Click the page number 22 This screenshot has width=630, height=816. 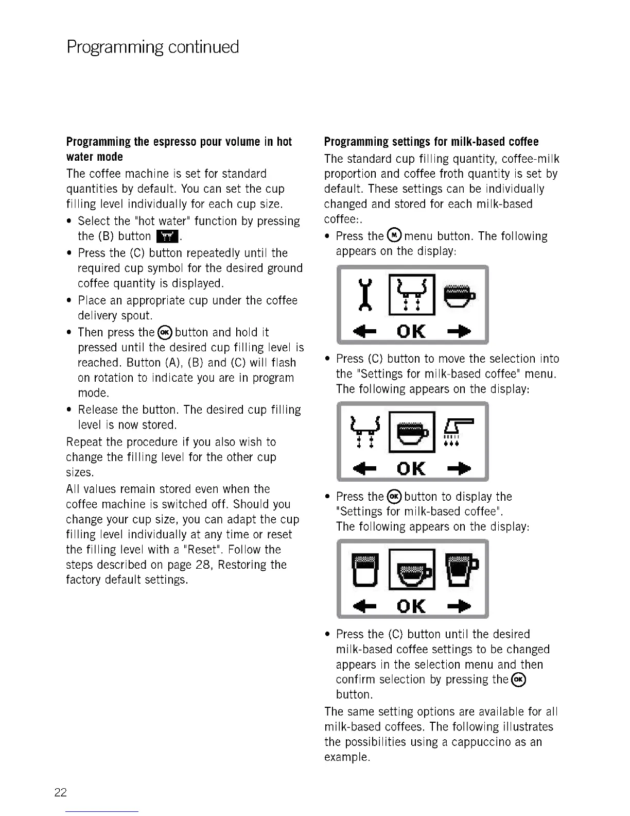(60, 792)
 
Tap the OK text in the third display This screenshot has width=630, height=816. (412, 606)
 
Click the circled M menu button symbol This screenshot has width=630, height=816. (394, 236)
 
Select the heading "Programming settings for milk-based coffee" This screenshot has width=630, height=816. (431, 142)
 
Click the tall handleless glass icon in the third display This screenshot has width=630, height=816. (362, 569)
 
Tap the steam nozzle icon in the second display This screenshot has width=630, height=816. (458, 431)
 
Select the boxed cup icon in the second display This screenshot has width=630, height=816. (412, 432)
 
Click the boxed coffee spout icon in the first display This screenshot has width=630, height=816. (412, 295)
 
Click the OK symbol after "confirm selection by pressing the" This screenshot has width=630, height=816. (519, 680)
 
